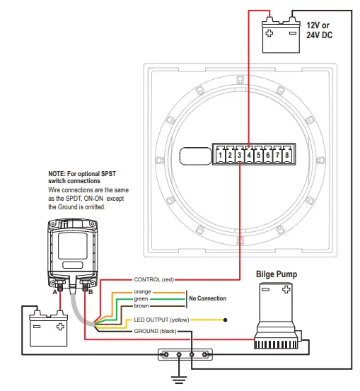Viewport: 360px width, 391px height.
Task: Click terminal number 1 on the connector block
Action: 221,155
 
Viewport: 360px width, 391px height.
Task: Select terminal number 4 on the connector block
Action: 250,155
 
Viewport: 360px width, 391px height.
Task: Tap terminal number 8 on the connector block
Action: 287,155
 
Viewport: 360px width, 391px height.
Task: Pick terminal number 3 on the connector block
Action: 240,155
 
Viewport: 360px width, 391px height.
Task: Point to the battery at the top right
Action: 281,35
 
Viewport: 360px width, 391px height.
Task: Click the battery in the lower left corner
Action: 47,330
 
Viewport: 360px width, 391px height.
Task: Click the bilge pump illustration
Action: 277,315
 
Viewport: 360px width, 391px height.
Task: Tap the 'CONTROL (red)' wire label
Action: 153,280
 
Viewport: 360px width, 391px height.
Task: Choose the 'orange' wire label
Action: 142,291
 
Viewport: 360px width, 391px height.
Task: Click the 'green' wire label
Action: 141,298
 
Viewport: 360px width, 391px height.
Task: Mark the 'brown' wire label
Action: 141,305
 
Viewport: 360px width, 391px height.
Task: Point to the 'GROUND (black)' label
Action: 156,331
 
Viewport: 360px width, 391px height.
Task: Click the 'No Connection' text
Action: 208,298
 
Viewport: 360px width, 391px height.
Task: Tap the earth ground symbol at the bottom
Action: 182,378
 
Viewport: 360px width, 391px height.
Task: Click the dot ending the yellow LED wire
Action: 226,320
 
